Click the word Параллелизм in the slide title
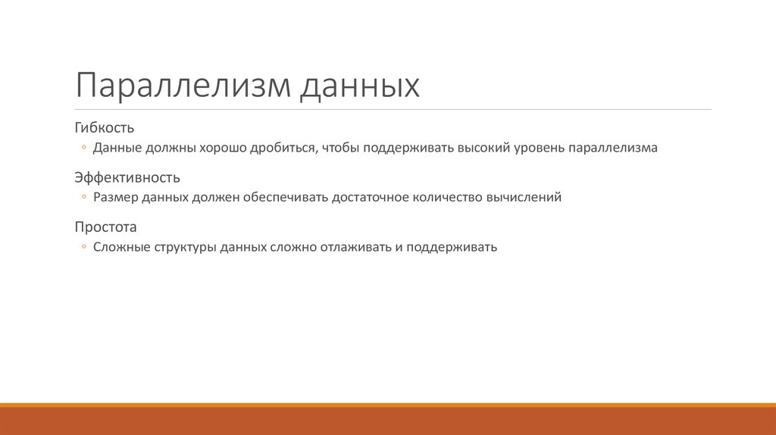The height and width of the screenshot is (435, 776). [182, 86]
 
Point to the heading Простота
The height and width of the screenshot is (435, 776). [105, 227]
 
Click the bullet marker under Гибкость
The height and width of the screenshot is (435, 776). [85, 148]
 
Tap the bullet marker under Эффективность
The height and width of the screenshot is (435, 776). [85, 198]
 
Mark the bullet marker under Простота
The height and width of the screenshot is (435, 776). [85, 247]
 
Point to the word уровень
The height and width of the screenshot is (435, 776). [538, 149]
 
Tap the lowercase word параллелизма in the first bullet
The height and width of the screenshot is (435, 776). [612, 148]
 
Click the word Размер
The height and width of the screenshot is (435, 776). [116, 198]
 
